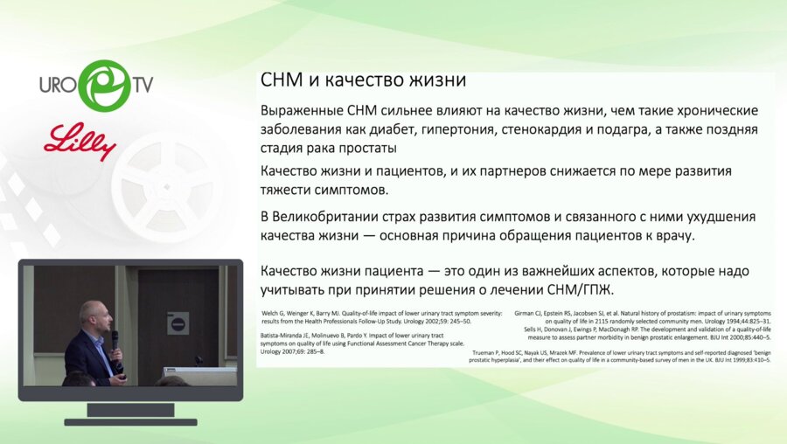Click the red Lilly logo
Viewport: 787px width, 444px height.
point(80,140)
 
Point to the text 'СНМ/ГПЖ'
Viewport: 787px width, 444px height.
point(589,288)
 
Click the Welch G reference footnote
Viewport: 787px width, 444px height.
point(367,318)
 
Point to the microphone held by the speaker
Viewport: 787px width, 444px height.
point(114,338)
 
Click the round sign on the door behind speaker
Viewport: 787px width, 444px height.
point(177,323)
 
